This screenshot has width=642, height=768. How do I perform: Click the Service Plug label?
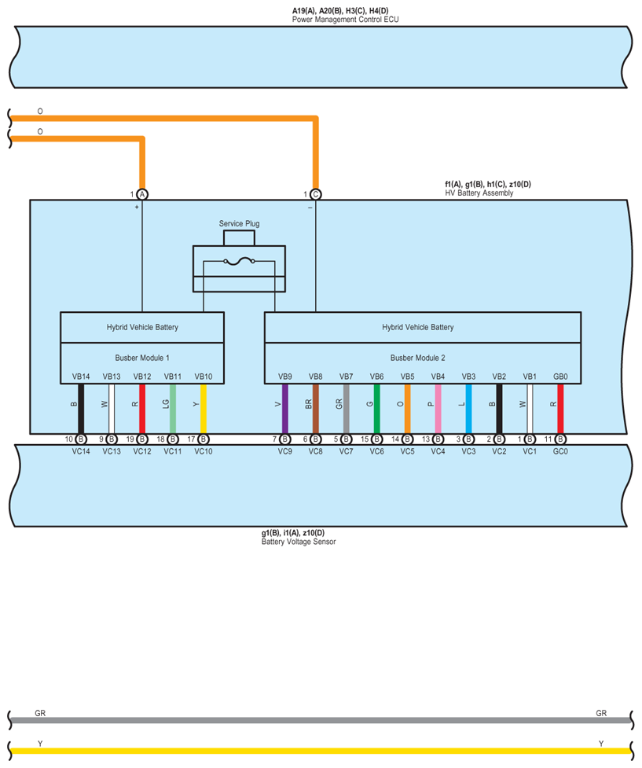pyautogui.click(x=239, y=224)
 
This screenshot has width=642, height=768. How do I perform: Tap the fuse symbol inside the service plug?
pyautogui.click(x=239, y=262)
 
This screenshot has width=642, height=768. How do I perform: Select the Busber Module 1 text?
pyautogui.click(x=142, y=357)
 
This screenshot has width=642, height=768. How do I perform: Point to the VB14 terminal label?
pyautogui.click(x=81, y=377)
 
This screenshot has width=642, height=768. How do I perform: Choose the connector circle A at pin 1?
pyautogui.click(x=142, y=194)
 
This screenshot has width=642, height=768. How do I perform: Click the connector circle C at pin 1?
pyautogui.click(x=315, y=194)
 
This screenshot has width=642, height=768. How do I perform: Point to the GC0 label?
pyautogui.click(x=559, y=452)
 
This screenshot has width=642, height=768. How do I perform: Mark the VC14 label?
pyautogui.click(x=81, y=452)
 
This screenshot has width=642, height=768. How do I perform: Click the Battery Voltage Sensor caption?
pyautogui.click(x=299, y=542)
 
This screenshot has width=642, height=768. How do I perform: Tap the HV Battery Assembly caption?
pyautogui.click(x=479, y=193)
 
